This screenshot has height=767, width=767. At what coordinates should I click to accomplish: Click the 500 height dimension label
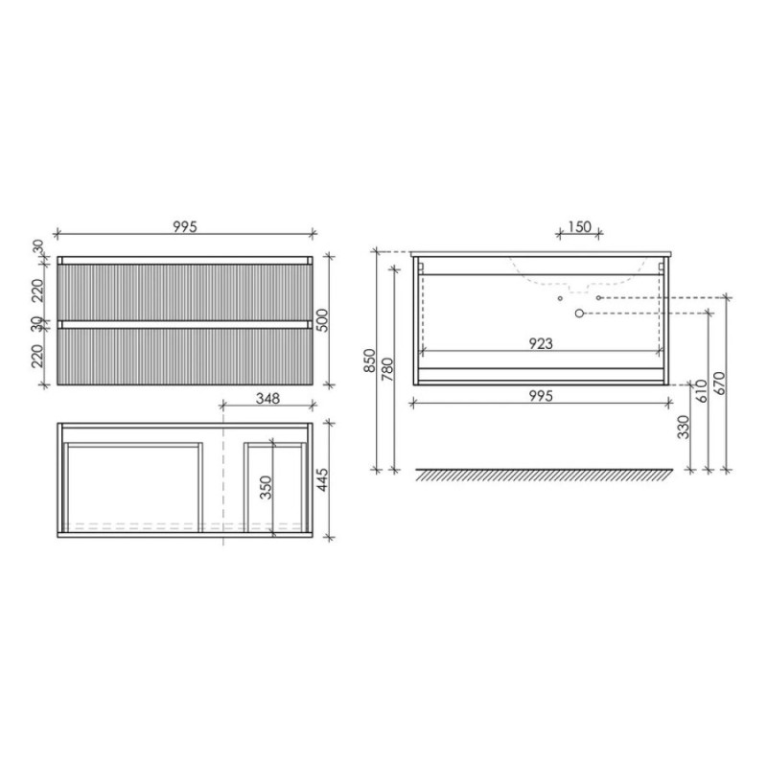(x=323, y=320)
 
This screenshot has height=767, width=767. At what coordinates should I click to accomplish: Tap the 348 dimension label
(x=268, y=399)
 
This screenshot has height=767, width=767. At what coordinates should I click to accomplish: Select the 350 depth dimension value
(x=266, y=487)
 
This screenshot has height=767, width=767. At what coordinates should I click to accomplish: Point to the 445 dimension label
(x=322, y=480)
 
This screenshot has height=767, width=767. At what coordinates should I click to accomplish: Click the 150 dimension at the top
(x=580, y=227)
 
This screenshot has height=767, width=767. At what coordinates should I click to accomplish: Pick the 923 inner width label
(x=541, y=344)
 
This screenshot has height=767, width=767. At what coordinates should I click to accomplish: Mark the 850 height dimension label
(x=369, y=360)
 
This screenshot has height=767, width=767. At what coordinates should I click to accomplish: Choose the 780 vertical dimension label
(x=387, y=370)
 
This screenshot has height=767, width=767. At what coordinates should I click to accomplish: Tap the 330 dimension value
(x=684, y=427)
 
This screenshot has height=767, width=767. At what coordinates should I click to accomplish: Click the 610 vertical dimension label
(x=702, y=391)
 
